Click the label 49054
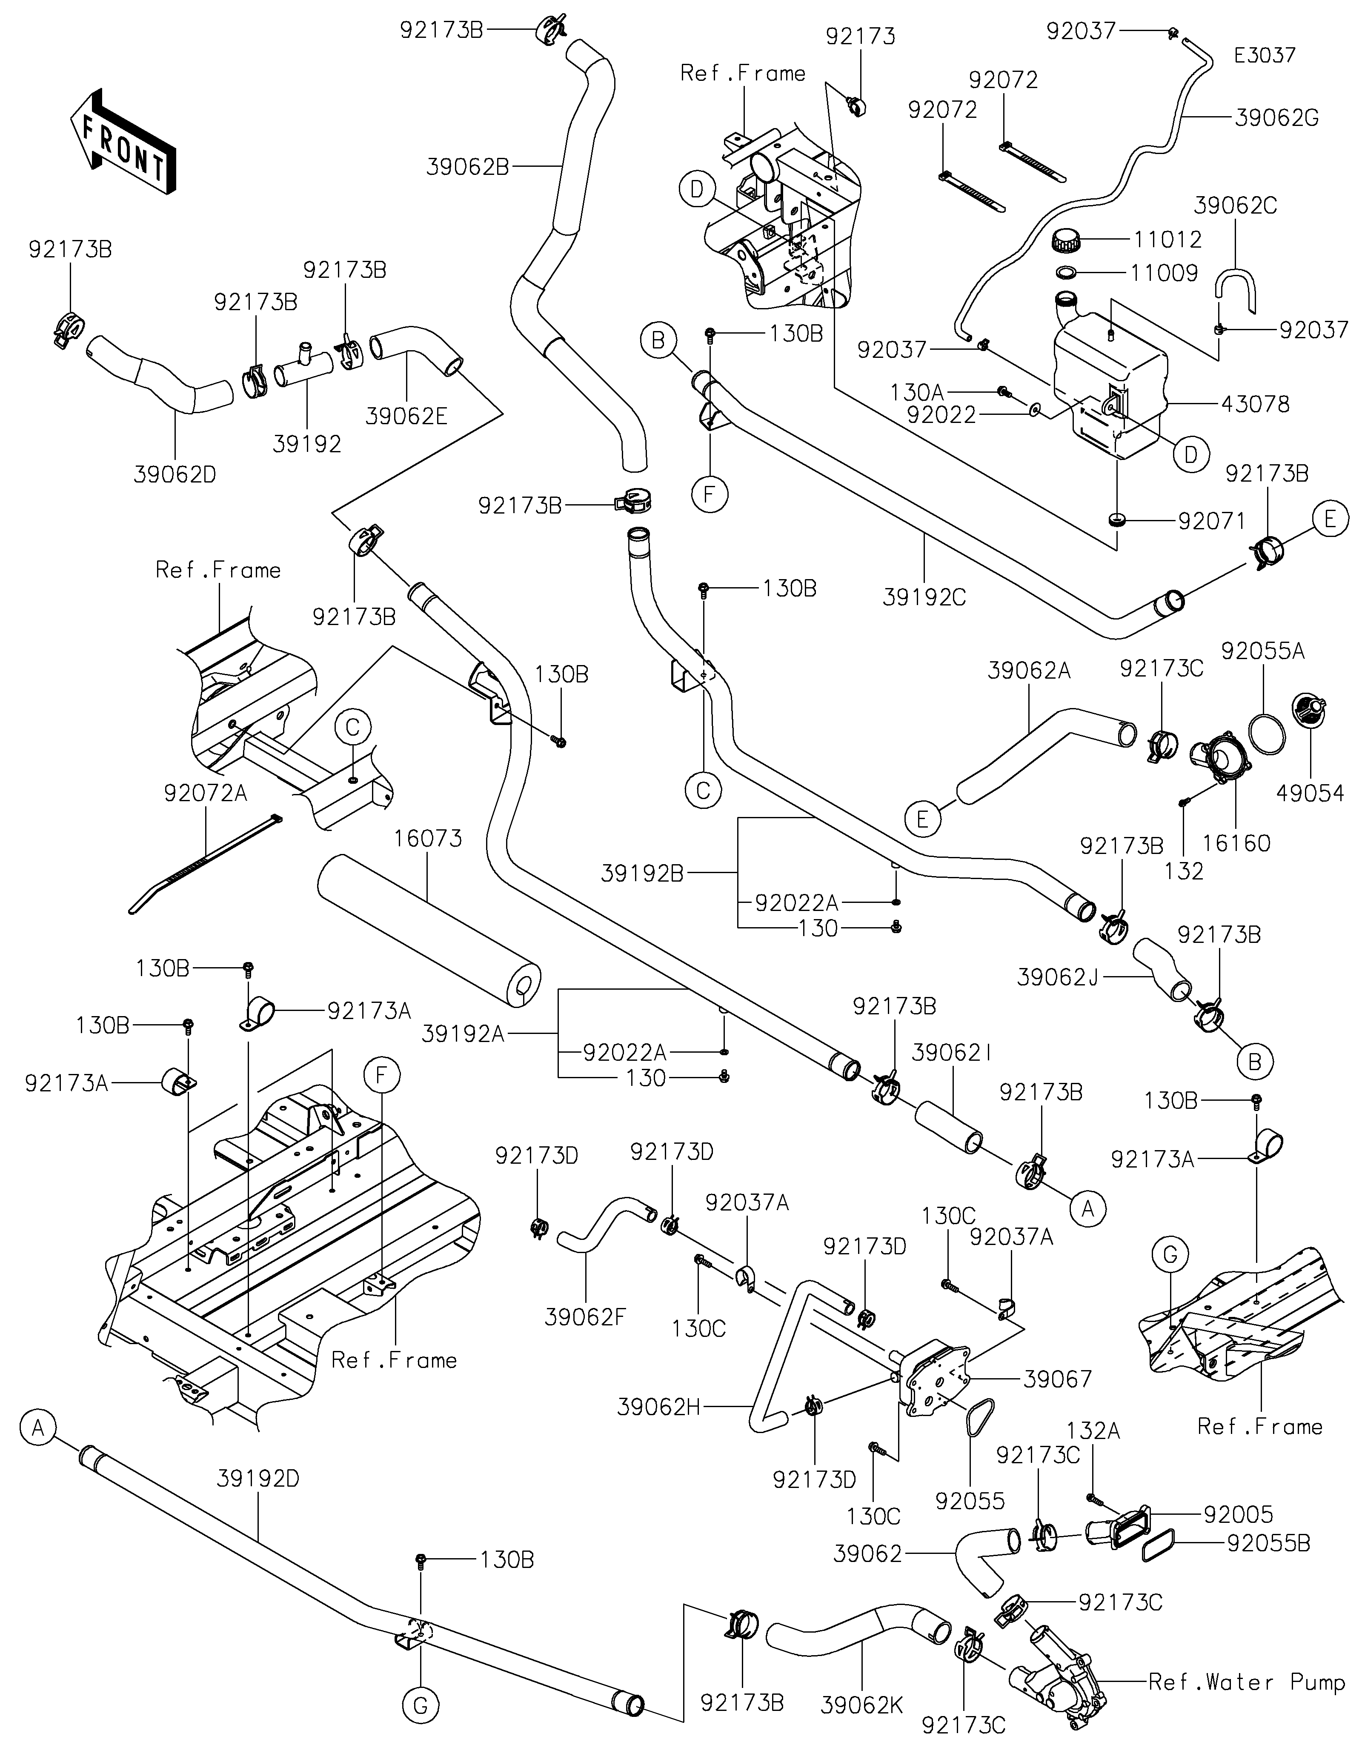click(1310, 793)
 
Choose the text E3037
click(1265, 56)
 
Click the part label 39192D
click(258, 1479)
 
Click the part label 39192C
click(924, 597)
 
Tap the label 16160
click(1236, 843)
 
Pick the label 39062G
click(1276, 118)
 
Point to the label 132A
click(1093, 1431)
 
